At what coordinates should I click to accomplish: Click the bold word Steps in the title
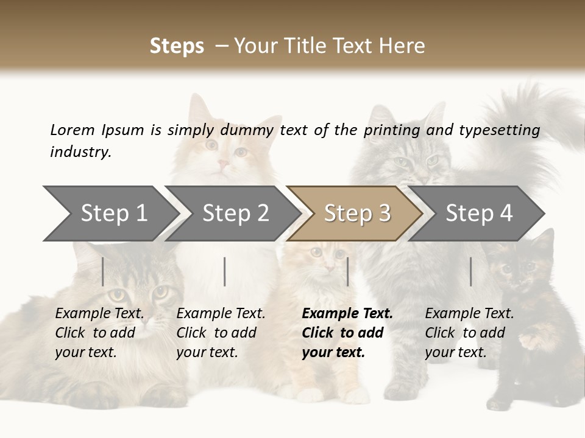pyautogui.click(x=177, y=46)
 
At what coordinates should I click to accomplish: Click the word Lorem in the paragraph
pyautogui.click(x=72, y=130)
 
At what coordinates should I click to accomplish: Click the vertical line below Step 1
pyautogui.click(x=103, y=271)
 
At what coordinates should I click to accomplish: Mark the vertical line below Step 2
pyautogui.click(x=225, y=271)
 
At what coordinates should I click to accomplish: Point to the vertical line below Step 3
pyautogui.click(x=347, y=271)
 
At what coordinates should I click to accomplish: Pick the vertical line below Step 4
pyautogui.click(x=470, y=271)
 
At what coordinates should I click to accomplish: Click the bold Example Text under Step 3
pyautogui.click(x=347, y=314)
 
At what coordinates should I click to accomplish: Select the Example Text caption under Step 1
pyautogui.click(x=99, y=314)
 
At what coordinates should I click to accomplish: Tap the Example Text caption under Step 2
pyautogui.click(x=221, y=314)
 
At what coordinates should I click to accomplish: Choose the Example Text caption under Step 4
pyautogui.click(x=469, y=314)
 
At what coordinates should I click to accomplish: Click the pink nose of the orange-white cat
pyautogui.click(x=223, y=164)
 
